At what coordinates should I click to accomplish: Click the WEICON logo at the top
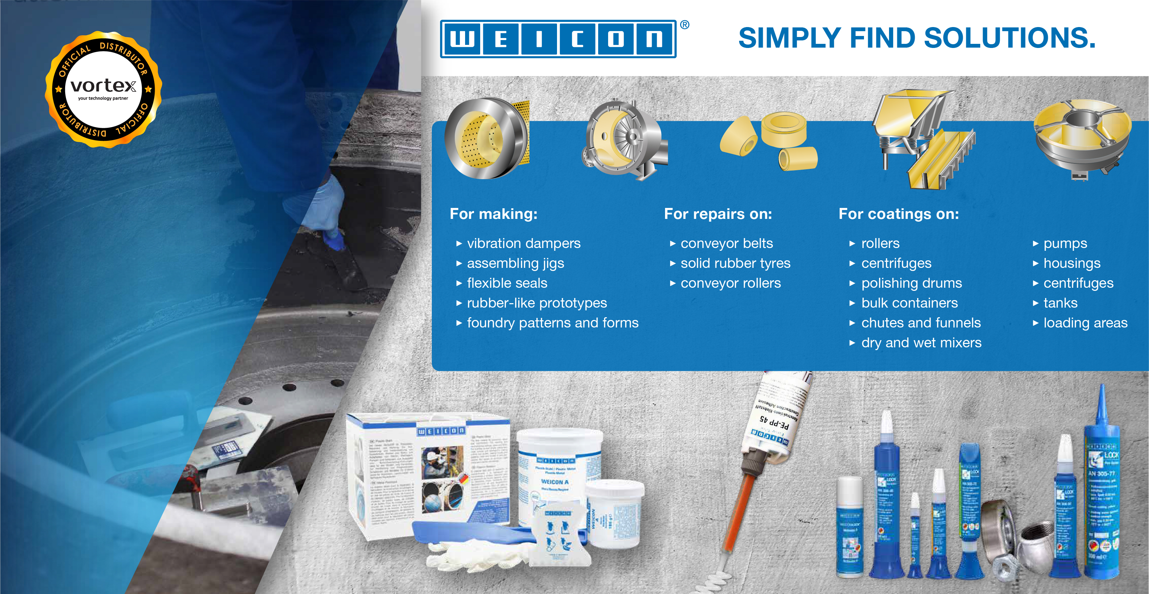point(558,39)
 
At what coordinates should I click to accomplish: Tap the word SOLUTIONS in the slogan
point(1009,38)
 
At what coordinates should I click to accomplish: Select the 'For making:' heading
point(493,214)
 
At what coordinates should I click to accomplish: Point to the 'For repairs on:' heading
point(718,214)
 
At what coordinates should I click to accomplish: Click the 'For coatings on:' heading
point(898,214)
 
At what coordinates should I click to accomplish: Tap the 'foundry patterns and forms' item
point(552,323)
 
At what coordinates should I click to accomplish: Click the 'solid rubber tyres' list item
point(735,263)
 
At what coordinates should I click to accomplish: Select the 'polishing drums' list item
point(911,283)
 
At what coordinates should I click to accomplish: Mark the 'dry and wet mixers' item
point(921,343)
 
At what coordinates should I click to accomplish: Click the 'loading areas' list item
point(1085,323)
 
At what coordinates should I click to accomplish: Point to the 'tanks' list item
point(1060,303)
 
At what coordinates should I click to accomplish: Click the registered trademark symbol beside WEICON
point(685,25)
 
